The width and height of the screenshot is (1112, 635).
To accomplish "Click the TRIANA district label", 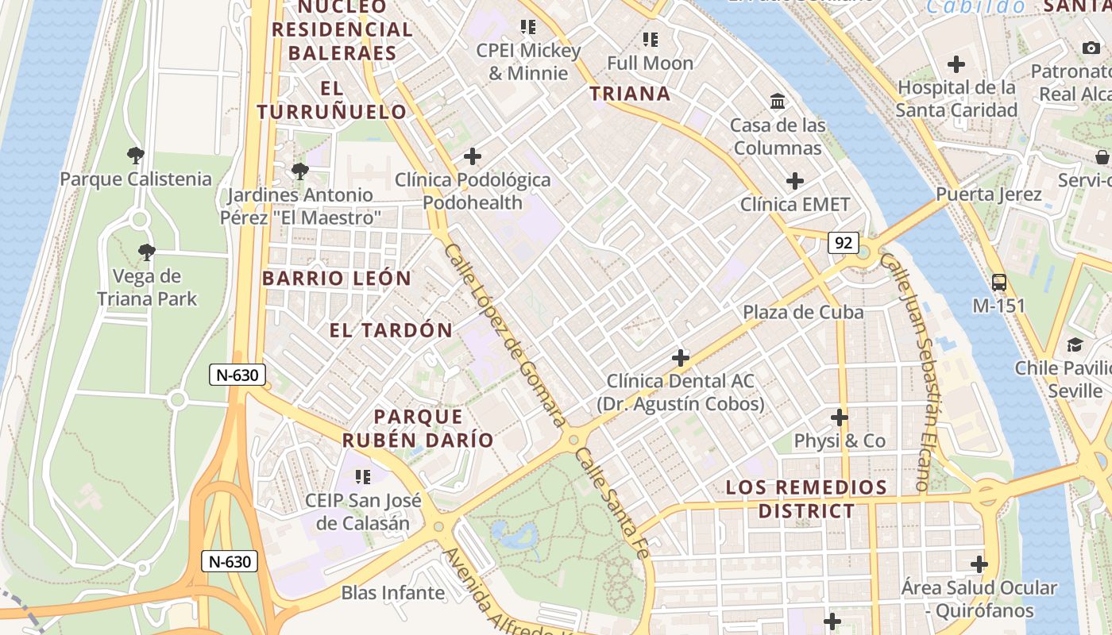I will click(x=630, y=94).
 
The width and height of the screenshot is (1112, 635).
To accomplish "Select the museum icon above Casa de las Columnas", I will click(x=778, y=102).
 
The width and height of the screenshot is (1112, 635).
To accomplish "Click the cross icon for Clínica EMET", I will click(x=794, y=181).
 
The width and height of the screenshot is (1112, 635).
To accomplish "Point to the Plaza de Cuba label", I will click(x=803, y=312).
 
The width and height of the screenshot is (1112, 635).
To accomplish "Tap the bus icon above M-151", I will click(x=998, y=282).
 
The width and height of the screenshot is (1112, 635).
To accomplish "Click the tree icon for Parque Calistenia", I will click(x=136, y=156).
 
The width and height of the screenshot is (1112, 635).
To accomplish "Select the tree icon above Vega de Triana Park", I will click(x=146, y=253).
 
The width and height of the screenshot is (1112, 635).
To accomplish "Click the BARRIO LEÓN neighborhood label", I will click(x=337, y=279).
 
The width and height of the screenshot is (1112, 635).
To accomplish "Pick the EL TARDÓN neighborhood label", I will click(x=391, y=330).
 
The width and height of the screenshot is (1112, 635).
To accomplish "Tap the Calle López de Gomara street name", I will click(x=504, y=334).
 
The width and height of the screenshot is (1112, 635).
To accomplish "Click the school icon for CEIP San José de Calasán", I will click(x=363, y=477).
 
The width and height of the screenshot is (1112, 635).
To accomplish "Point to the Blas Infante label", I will click(x=392, y=593).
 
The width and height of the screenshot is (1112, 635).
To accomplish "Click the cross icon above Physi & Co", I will click(x=840, y=417).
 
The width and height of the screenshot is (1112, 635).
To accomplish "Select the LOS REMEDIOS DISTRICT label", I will click(x=806, y=499).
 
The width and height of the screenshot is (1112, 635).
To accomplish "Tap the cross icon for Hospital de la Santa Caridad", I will click(x=956, y=64).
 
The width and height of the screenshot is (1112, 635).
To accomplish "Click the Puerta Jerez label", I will click(x=988, y=194).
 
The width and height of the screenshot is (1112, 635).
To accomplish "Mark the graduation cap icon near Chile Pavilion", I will click(x=1075, y=344).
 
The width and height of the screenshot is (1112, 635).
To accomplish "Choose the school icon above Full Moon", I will click(x=650, y=39).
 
